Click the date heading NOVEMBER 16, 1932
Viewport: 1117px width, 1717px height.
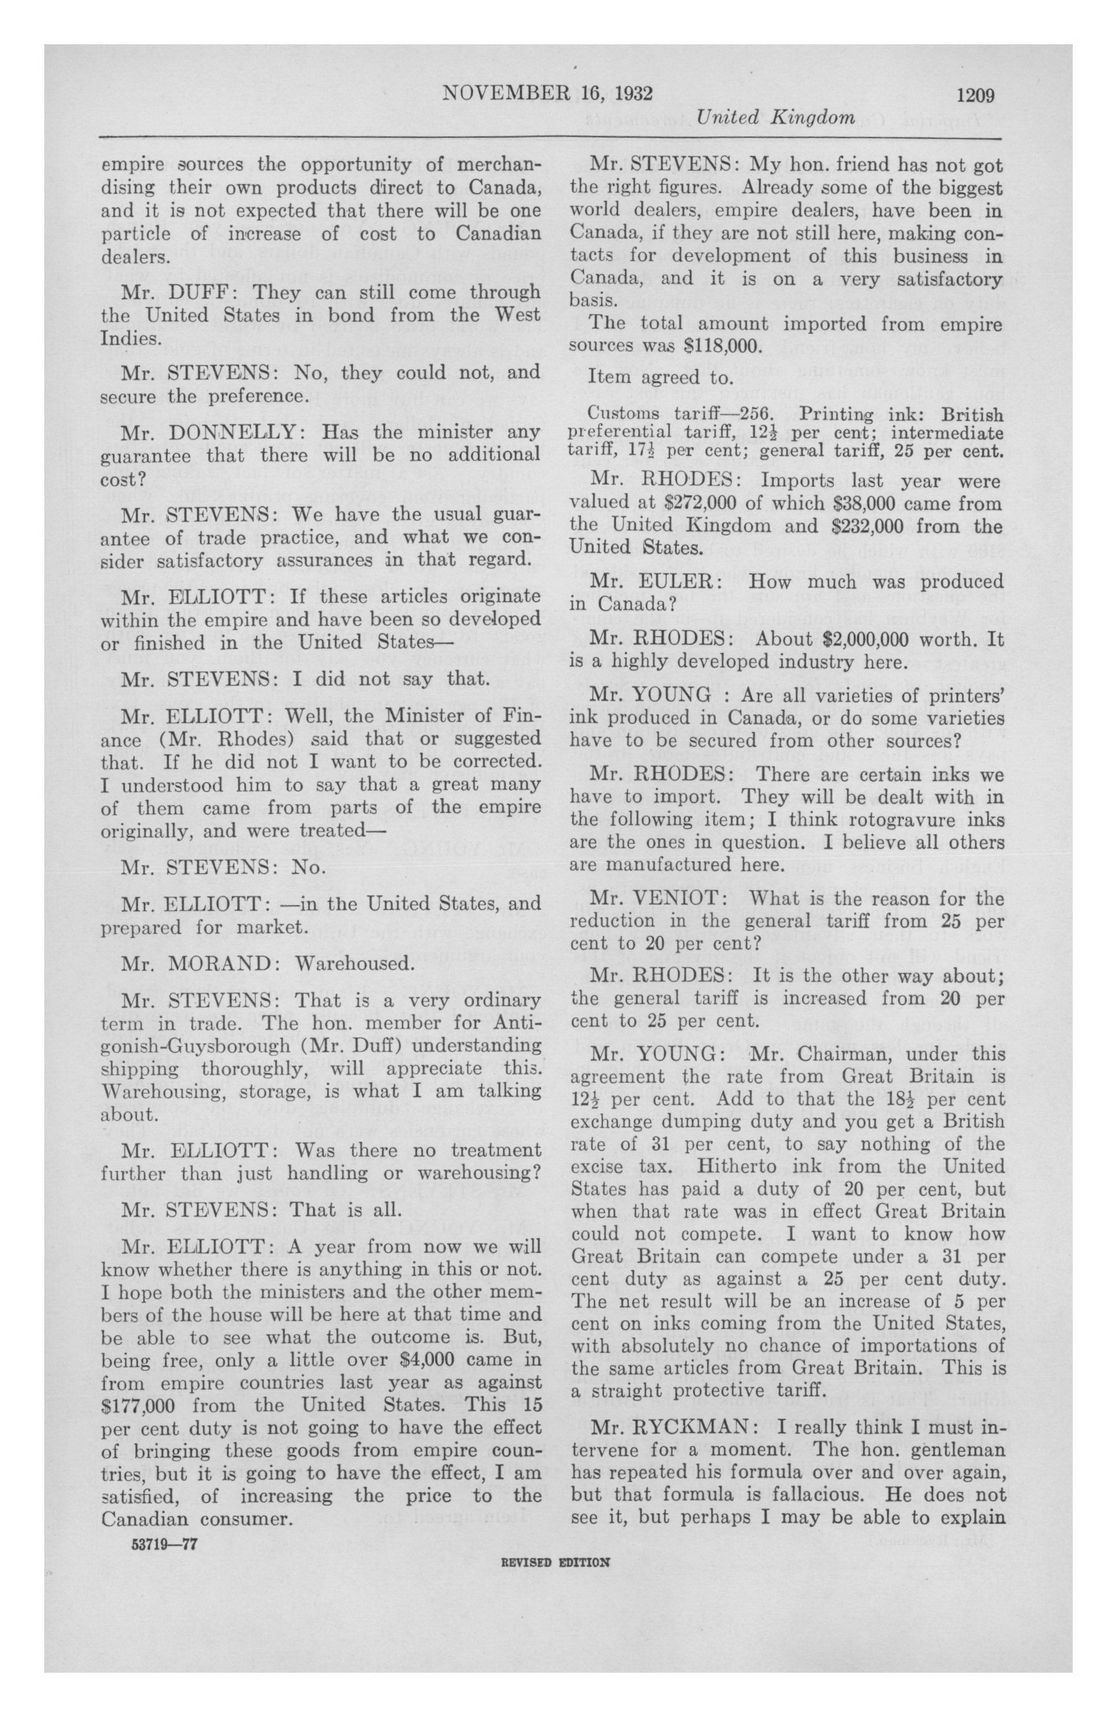(547, 94)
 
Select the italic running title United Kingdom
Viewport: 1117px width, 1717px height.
(776, 117)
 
